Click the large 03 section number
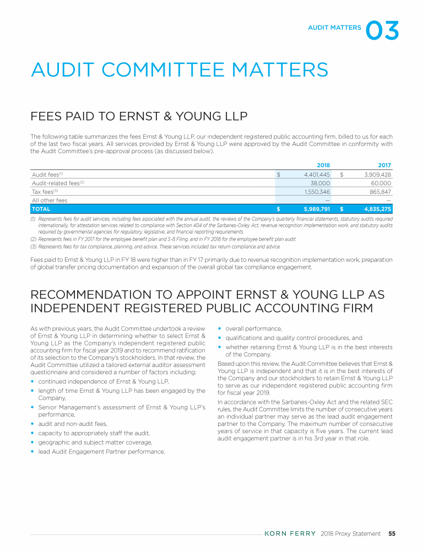point(382,31)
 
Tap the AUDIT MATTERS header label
point(334,27)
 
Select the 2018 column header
point(323,165)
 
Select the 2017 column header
point(384,165)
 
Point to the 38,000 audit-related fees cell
point(320,183)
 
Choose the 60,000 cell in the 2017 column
point(381,183)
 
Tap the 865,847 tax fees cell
point(379,192)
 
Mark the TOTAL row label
point(41,209)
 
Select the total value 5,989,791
point(317,209)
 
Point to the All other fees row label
point(50,201)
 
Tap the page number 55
point(392,533)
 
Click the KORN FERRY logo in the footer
point(291,533)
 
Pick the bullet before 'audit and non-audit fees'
point(33,424)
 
